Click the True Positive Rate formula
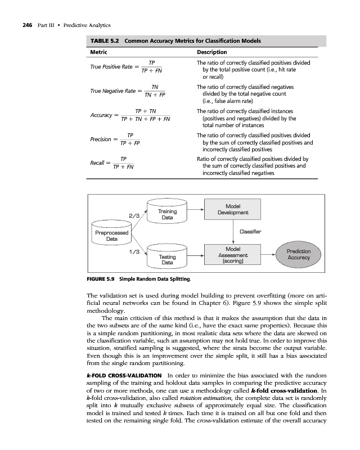(127, 67)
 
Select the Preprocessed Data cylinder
(112, 235)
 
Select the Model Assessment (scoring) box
(233, 255)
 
